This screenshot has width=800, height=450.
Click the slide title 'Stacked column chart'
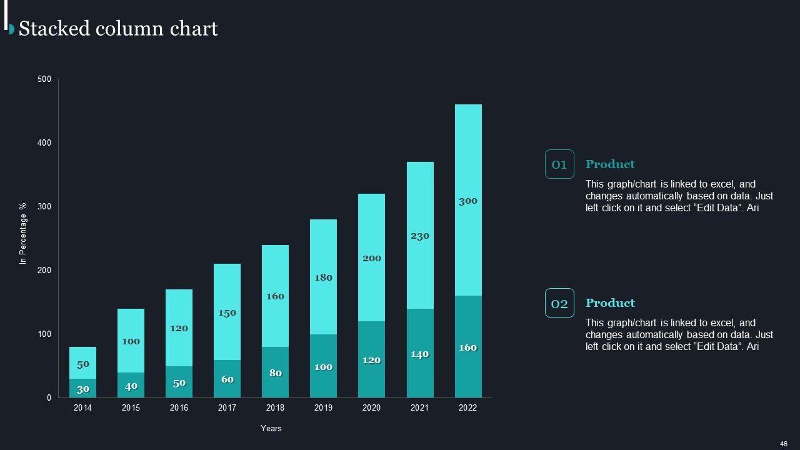[118, 29]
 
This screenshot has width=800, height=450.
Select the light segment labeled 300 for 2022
[468, 200]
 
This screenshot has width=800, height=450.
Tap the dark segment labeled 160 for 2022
[468, 347]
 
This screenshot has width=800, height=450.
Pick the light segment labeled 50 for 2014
[82, 363]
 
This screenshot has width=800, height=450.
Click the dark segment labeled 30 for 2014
[82, 388]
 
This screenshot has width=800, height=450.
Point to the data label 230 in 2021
[420, 236]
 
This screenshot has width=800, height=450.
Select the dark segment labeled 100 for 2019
[323, 366]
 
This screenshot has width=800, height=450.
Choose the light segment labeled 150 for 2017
[227, 312]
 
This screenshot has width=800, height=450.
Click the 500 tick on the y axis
[44, 79]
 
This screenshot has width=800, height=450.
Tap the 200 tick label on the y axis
[44, 270]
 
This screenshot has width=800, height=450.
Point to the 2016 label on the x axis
[179, 408]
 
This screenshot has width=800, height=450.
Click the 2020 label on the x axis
[371, 408]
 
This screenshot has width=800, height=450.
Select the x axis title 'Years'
[271, 429]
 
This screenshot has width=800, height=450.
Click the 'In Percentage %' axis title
[24, 232]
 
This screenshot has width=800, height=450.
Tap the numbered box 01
[559, 164]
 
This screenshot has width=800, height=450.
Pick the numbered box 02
[559, 303]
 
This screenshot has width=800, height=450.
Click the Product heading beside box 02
[610, 303]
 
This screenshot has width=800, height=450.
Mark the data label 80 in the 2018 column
[276, 373]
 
